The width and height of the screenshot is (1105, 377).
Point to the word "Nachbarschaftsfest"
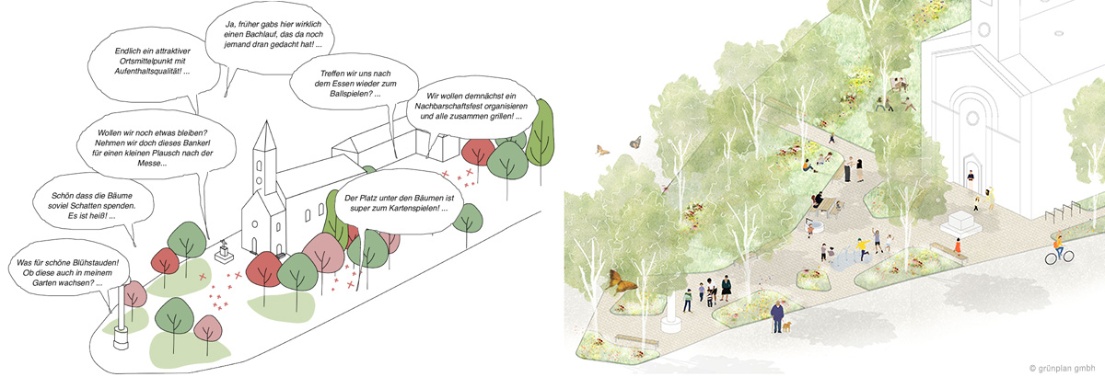452,106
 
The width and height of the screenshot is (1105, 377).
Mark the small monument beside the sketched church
224,251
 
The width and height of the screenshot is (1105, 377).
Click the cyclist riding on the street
1059,250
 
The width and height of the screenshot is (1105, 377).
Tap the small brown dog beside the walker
787,326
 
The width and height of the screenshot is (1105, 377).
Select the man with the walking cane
777,316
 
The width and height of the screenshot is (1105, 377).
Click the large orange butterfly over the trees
621,282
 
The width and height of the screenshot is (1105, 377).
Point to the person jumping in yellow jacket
862,249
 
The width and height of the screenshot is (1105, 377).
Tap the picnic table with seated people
826,205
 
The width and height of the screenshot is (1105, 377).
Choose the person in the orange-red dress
958,245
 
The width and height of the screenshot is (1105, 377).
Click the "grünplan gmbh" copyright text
1061,368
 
